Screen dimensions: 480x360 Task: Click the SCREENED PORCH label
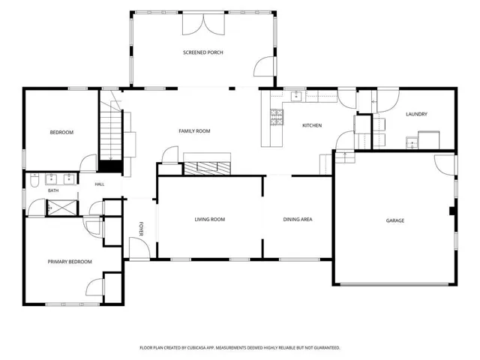(203, 52)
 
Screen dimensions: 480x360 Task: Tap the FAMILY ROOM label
(194, 131)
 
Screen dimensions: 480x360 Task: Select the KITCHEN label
(312, 125)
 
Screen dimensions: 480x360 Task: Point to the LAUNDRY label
(416, 114)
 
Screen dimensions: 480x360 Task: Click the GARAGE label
(395, 220)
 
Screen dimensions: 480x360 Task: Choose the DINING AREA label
(298, 219)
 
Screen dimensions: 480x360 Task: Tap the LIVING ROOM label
(210, 219)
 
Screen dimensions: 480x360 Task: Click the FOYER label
(141, 229)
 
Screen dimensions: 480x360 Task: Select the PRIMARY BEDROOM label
(70, 262)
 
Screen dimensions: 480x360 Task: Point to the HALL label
(100, 184)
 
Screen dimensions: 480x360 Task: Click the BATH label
(53, 190)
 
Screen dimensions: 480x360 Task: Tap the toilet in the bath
(34, 180)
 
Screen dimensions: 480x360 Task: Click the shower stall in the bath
(62, 208)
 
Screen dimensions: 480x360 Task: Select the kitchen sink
(296, 96)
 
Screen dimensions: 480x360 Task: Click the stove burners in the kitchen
(277, 117)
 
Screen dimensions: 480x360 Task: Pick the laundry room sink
(412, 143)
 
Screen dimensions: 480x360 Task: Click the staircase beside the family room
(111, 130)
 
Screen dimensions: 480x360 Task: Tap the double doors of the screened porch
(203, 24)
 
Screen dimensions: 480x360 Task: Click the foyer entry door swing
(139, 248)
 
